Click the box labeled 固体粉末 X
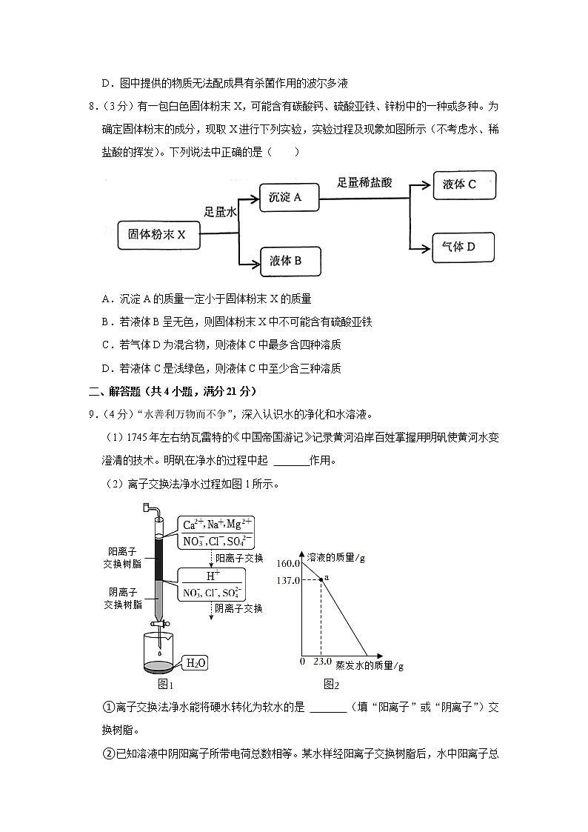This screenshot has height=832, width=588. [156, 234]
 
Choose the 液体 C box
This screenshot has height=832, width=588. [464, 184]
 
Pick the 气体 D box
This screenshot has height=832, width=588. [462, 247]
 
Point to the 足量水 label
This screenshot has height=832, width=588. [220, 212]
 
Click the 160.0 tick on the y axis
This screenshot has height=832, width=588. [289, 564]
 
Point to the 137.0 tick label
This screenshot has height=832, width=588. [289, 580]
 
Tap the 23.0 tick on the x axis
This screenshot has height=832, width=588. [321, 661]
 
